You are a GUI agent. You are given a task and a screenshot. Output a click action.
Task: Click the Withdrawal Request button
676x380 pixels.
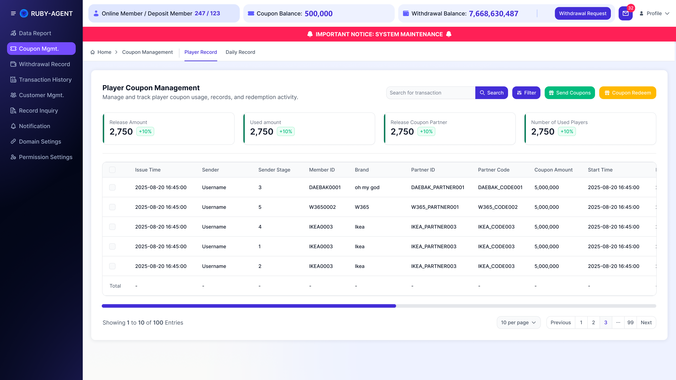point(583,13)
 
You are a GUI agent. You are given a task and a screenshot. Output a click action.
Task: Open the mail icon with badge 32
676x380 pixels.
point(626,13)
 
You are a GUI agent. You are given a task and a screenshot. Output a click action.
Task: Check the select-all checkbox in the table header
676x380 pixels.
point(112,170)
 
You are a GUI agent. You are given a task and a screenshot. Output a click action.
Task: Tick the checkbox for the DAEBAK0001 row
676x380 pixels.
point(112,187)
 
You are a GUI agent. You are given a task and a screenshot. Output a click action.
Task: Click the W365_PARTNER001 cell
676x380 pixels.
point(435,207)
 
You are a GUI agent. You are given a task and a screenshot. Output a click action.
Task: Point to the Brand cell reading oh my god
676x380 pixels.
point(367,187)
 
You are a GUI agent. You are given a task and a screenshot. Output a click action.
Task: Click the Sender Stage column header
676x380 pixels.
point(274,170)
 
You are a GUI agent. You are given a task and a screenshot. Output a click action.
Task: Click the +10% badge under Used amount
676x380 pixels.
point(286,131)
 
